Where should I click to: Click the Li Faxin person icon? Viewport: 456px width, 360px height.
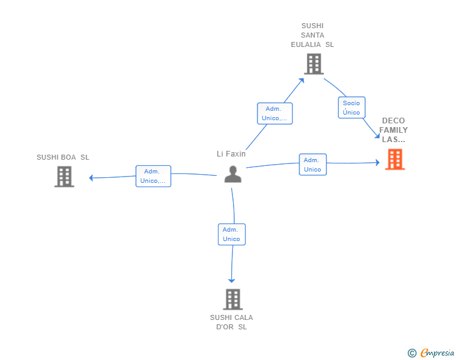click(x=232, y=174)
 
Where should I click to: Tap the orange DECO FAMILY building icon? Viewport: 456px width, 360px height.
click(x=395, y=159)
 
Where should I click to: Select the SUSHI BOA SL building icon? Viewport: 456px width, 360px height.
click(x=65, y=177)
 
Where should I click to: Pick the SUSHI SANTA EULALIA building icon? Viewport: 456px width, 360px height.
click(x=314, y=64)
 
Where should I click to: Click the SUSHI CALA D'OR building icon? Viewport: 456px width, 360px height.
click(x=232, y=299)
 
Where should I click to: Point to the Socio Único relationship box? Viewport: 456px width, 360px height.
click(x=351, y=108)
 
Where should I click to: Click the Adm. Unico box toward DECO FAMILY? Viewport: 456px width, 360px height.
click(x=313, y=165)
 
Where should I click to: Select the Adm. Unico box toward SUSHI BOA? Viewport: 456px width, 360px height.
click(x=153, y=176)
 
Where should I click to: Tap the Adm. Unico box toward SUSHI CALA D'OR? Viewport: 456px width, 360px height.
click(x=232, y=234)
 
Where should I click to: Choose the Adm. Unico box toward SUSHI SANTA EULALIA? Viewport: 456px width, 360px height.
click(x=275, y=113)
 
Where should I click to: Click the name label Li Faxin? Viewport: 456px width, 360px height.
click(x=231, y=154)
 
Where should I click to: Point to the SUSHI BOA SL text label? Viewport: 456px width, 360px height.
click(x=63, y=157)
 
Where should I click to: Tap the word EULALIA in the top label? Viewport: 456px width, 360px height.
click(x=306, y=44)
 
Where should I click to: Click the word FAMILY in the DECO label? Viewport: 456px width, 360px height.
click(x=393, y=130)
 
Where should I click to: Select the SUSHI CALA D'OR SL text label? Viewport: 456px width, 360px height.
click(x=232, y=322)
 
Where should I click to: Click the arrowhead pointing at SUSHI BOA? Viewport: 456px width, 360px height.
click(x=91, y=178)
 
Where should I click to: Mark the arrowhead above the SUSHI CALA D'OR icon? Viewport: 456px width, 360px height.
click(x=232, y=280)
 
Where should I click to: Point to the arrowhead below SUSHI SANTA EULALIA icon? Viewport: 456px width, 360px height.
click(x=301, y=80)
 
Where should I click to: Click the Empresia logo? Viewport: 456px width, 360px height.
click(x=437, y=352)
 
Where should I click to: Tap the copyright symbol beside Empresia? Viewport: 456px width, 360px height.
click(x=412, y=353)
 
